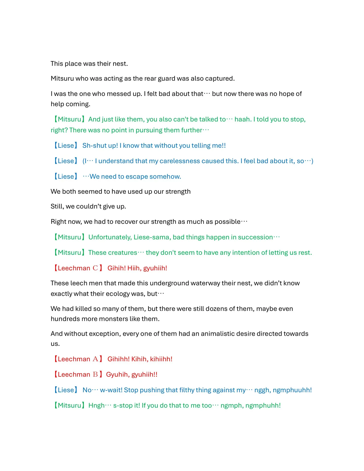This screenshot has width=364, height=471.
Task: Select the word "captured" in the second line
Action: pos(219,78)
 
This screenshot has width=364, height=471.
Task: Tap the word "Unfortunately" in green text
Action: pos(109,237)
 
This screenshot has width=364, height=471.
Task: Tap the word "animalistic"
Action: pos(218,334)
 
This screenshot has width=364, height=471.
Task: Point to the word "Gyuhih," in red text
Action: pos(118,375)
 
